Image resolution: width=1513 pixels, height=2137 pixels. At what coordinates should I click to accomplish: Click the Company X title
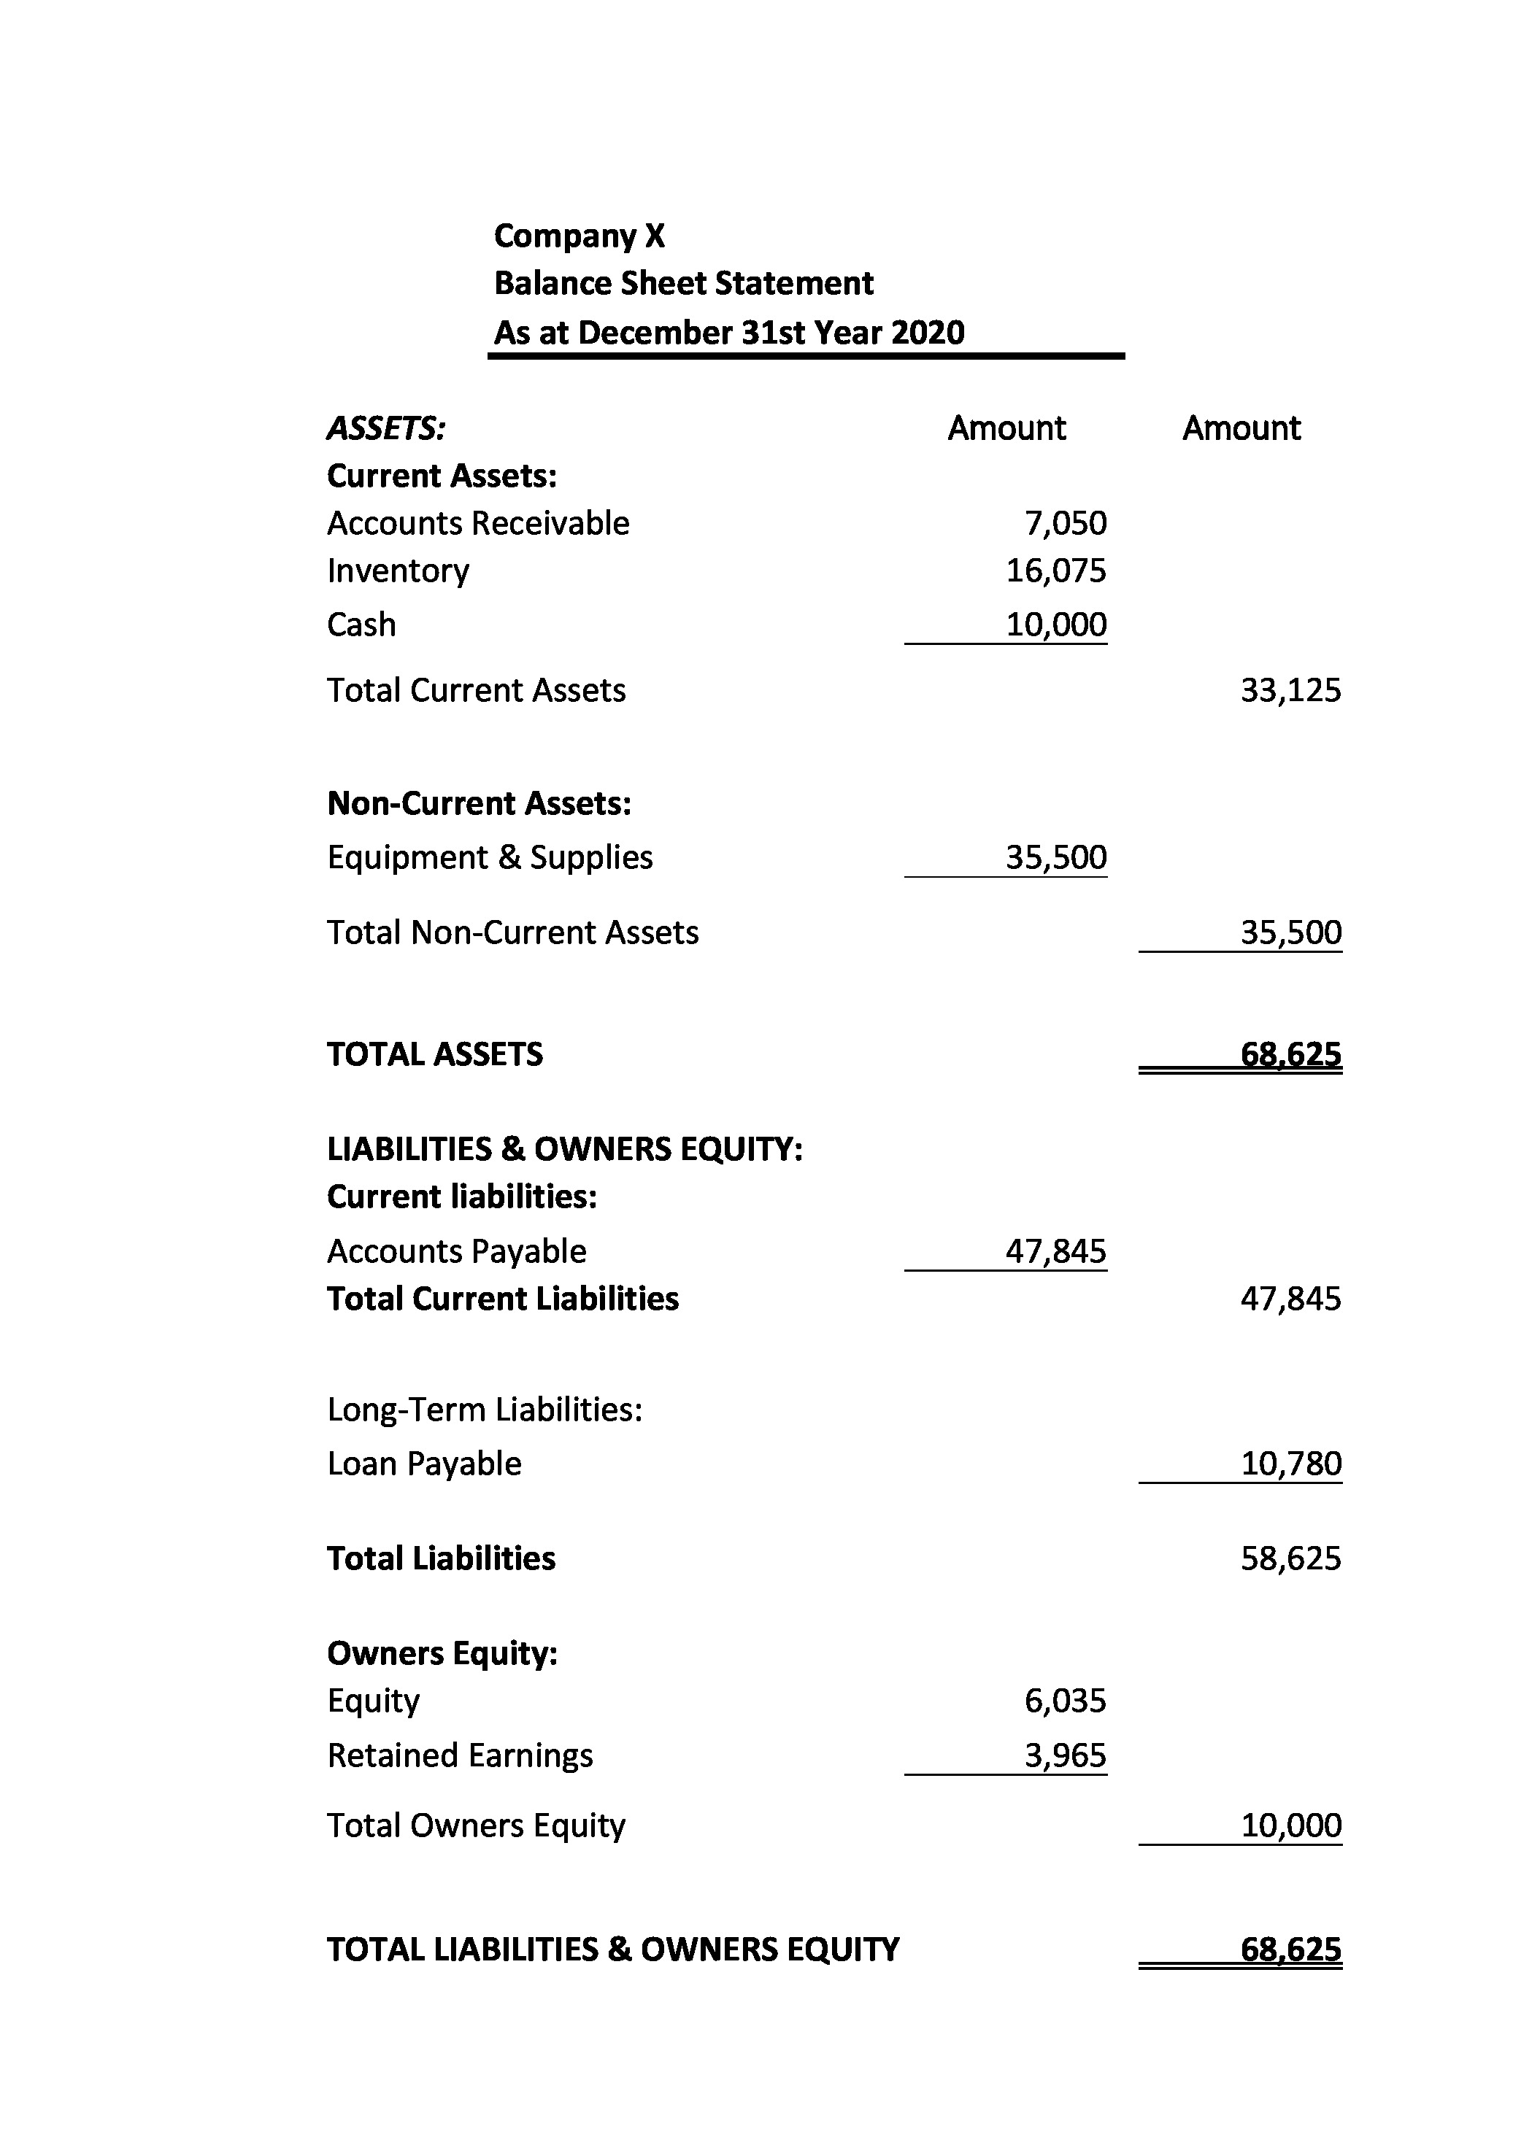click(x=579, y=236)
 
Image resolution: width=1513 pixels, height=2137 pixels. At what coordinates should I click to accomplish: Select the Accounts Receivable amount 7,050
click(x=1065, y=523)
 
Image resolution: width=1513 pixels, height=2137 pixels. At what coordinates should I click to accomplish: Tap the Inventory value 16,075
click(x=1055, y=571)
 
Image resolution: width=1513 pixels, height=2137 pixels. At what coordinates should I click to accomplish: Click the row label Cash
click(x=361, y=625)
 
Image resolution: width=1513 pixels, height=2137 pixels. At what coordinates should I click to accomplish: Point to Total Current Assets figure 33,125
click(x=1290, y=690)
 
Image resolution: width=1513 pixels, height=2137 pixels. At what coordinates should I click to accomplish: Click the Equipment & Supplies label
click(x=489, y=857)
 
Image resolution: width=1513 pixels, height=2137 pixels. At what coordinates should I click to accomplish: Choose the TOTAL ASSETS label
click(x=434, y=1054)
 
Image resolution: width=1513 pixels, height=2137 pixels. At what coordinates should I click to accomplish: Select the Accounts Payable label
click(x=456, y=1251)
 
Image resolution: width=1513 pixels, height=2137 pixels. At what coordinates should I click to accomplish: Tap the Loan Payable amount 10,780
click(x=1290, y=1464)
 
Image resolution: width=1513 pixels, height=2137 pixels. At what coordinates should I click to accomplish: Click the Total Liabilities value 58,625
click(x=1290, y=1558)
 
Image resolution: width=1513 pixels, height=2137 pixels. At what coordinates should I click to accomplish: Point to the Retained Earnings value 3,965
click(x=1065, y=1756)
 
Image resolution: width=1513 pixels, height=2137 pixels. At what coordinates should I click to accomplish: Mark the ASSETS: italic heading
click(x=385, y=428)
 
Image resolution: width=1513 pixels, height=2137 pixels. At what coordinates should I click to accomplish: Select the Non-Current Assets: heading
click(x=479, y=803)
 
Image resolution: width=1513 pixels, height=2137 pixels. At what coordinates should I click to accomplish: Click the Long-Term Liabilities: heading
click(x=485, y=1410)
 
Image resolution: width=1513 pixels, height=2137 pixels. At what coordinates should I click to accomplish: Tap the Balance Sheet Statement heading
click(x=683, y=283)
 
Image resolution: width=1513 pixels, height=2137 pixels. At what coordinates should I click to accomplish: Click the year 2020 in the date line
click(x=927, y=333)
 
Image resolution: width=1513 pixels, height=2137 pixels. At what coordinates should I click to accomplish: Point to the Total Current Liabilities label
click(x=502, y=1299)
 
